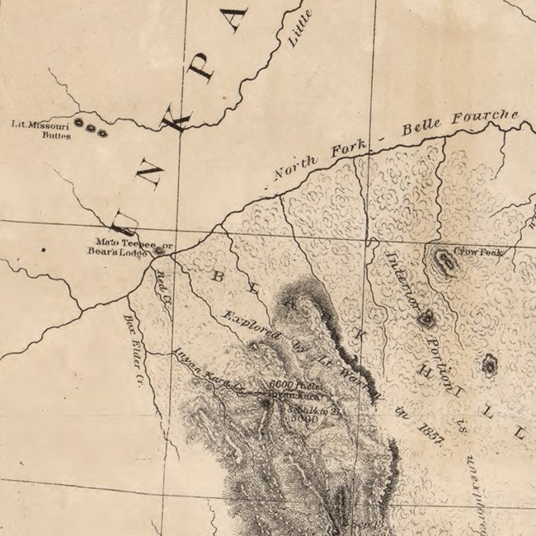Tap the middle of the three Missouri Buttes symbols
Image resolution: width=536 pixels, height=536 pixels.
tap(91, 129)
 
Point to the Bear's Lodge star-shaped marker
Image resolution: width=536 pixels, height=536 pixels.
tap(158, 251)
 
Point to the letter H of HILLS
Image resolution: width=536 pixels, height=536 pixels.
tap(430, 377)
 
